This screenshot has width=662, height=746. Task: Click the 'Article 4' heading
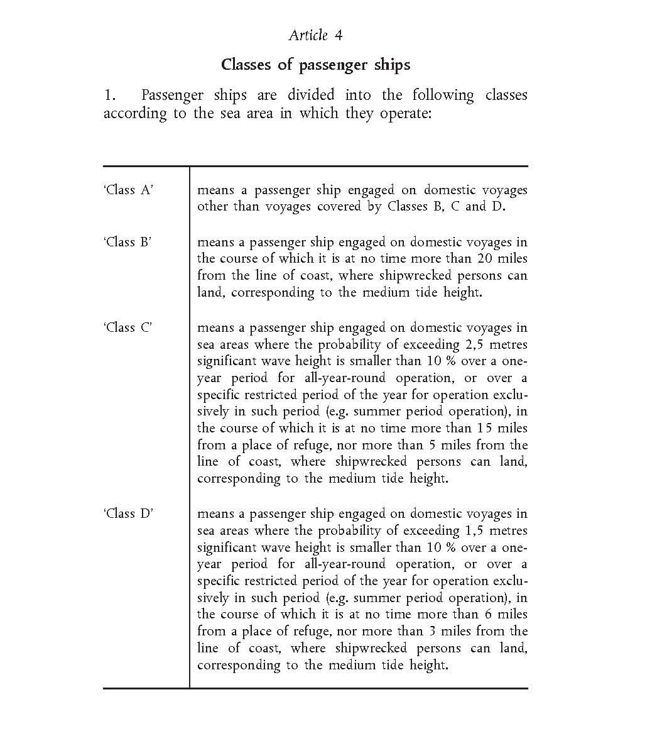coord(315,35)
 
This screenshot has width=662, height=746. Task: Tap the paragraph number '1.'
coord(111,96)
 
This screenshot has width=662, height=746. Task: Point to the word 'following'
coord(443,96)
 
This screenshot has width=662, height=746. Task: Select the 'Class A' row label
coord(128,190)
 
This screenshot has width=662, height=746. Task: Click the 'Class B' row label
coord(128,242)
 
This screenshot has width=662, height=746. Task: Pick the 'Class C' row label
coord(128,327)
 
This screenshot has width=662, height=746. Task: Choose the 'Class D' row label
coord(128,513)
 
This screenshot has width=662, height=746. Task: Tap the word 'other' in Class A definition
coord(212,207)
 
